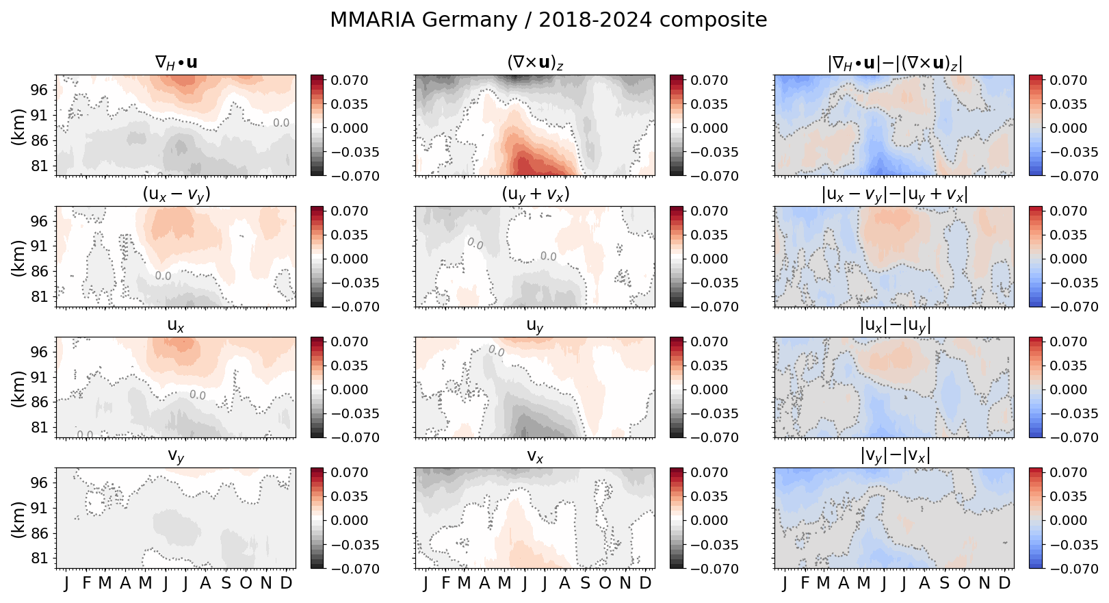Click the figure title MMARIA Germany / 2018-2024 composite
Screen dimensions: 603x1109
pyautogui.click(x=548, y=20)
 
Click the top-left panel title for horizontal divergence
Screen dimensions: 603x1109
pyautogui.click(x=176, y=63)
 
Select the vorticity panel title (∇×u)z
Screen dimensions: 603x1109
pyautogui.click(x=535, y=63)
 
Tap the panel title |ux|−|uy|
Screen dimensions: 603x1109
pyautogui.click(x=894, y=325)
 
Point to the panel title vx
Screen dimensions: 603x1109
pyautogui.click(x=535, y=456)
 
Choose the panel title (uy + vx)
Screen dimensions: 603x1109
pyautogui.click(x=535, y=194)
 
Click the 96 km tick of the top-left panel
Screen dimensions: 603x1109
pyautogui.click(x=38, y=90)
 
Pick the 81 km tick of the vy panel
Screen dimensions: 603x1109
pyautogui.click(x=38, y=558)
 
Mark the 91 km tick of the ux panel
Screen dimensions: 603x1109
pyautogui.click(x=38, y=377)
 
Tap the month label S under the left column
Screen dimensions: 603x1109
pyautogui.click(x=226, y=583)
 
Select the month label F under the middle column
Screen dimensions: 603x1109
pyautogui.click(x=445, y=583)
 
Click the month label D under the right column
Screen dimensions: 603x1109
pyautogui.click(x=1004, y=583)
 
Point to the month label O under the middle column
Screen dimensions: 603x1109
pyautogui.click(x=605, y=583)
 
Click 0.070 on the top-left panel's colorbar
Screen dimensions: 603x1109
pyautogui.click(x=350, y=80)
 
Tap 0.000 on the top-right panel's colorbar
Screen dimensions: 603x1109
pyautogui.click(x=1069, y=128)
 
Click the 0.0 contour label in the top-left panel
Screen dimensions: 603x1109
pyautogui.click(x=281, y=123)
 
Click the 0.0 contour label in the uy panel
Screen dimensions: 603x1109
pyautogui.click(x=495, y=351)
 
